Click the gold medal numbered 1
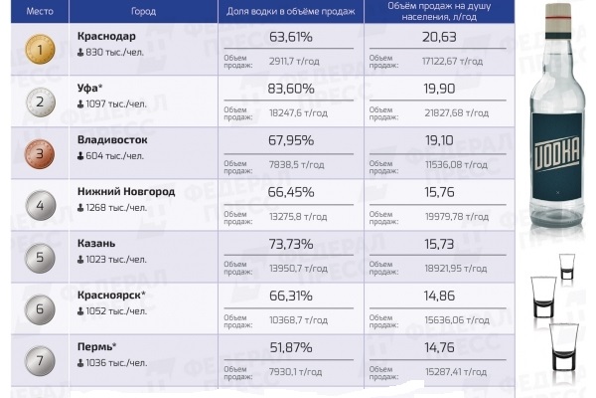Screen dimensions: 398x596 [40, 48]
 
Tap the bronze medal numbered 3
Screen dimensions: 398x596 [40, 154]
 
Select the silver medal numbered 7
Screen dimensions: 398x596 [40, 359]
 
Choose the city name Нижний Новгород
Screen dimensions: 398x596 [126, 192]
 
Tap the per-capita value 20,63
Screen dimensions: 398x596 [439, 37]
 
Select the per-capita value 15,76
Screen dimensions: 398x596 [438, 192]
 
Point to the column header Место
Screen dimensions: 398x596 [39, 12]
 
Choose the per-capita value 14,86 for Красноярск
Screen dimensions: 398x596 [438, 296]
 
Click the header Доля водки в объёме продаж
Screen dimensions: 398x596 [291, 12]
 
